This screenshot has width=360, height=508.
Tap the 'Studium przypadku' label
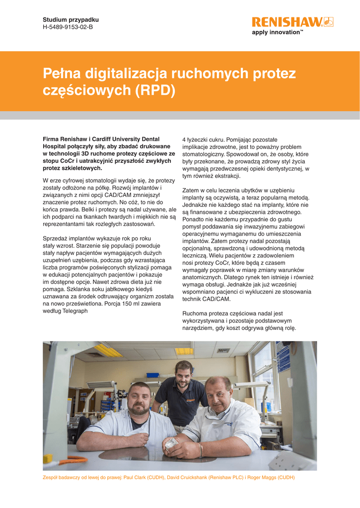coord(71,19)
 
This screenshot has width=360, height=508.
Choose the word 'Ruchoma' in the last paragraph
coord(196,314)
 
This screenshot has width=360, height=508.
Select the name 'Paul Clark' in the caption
coord(137,478)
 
